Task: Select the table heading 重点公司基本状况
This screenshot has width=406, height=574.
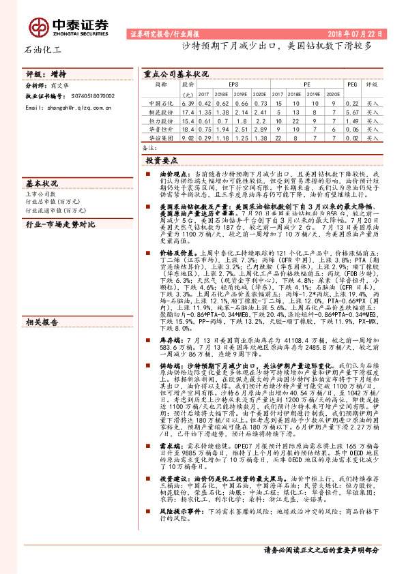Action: tap(176, 74)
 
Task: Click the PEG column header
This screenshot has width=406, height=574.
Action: tap(352, 85)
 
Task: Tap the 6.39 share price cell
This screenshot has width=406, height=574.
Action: tap(189, 103)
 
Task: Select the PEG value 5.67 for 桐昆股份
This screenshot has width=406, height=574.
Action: tap(352, 112)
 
